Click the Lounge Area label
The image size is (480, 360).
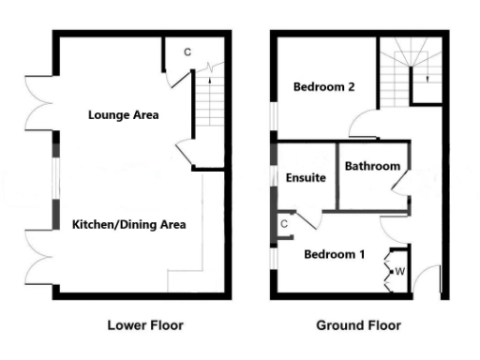click(122, 115)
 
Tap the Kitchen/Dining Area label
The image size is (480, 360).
click(129, 224)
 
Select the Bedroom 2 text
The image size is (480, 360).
click(323, 87)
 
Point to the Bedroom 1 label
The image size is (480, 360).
click(334, 254)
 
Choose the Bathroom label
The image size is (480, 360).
click(372, 166)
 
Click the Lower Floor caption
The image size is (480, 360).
click(143, 325)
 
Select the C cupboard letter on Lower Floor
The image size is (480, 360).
click(187, 52)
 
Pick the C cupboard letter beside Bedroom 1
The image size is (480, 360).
click(284, 224)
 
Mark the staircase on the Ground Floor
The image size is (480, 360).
click(410, 67)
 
